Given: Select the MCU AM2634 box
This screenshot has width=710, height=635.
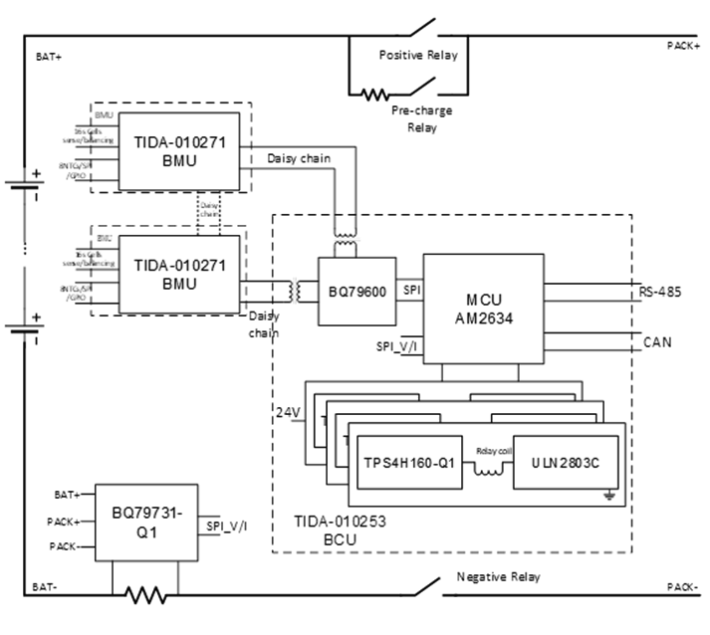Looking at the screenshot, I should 484,308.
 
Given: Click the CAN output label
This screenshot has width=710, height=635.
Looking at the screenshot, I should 657,341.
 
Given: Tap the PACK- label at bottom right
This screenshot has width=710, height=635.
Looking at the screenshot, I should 683,587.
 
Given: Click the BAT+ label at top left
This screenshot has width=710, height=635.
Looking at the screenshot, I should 49,57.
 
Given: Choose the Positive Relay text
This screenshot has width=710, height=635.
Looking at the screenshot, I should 418,56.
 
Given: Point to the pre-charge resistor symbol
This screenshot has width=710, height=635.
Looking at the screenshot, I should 375,96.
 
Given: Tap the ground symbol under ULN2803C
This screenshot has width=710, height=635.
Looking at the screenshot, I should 606,495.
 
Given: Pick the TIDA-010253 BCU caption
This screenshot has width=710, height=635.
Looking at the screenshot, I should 335,529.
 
